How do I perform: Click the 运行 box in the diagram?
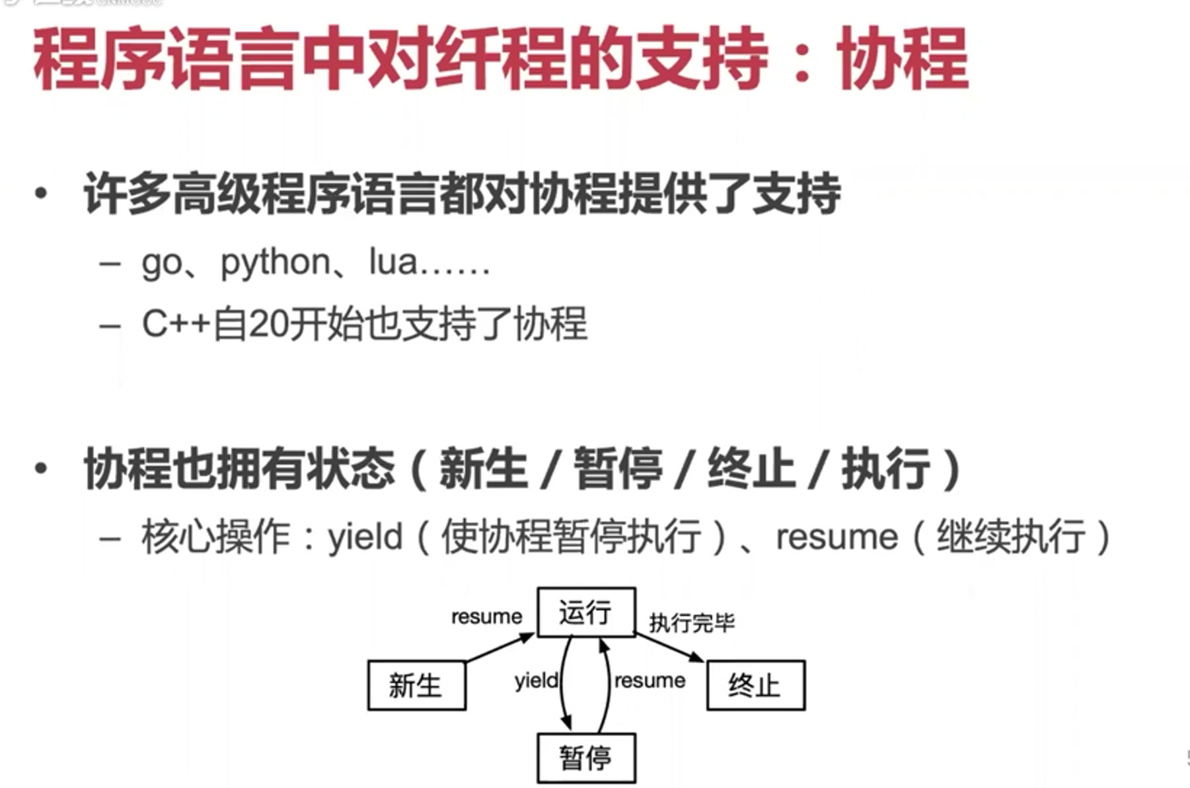(586, 612)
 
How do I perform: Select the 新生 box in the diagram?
(416, 685)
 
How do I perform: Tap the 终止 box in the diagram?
(755, 685)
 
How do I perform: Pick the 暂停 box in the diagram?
(586, 758)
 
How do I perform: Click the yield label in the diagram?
(536, 680)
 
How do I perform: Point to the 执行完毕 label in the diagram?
(691, 623)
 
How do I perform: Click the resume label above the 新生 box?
(486, 617)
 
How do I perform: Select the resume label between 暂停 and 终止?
(650, 680)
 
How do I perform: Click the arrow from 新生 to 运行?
(500, 648)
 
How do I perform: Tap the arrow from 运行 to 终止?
(669, 648)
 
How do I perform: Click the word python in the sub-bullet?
(276, 264)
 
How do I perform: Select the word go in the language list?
(161, 264)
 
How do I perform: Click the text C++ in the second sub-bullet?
(176, 325)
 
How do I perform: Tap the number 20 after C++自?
(270, 325)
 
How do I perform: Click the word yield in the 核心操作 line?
(365, 536)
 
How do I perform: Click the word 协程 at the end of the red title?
(903, 59)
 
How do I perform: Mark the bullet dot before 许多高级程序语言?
(42, 193)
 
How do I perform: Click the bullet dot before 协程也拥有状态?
(42, 468)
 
